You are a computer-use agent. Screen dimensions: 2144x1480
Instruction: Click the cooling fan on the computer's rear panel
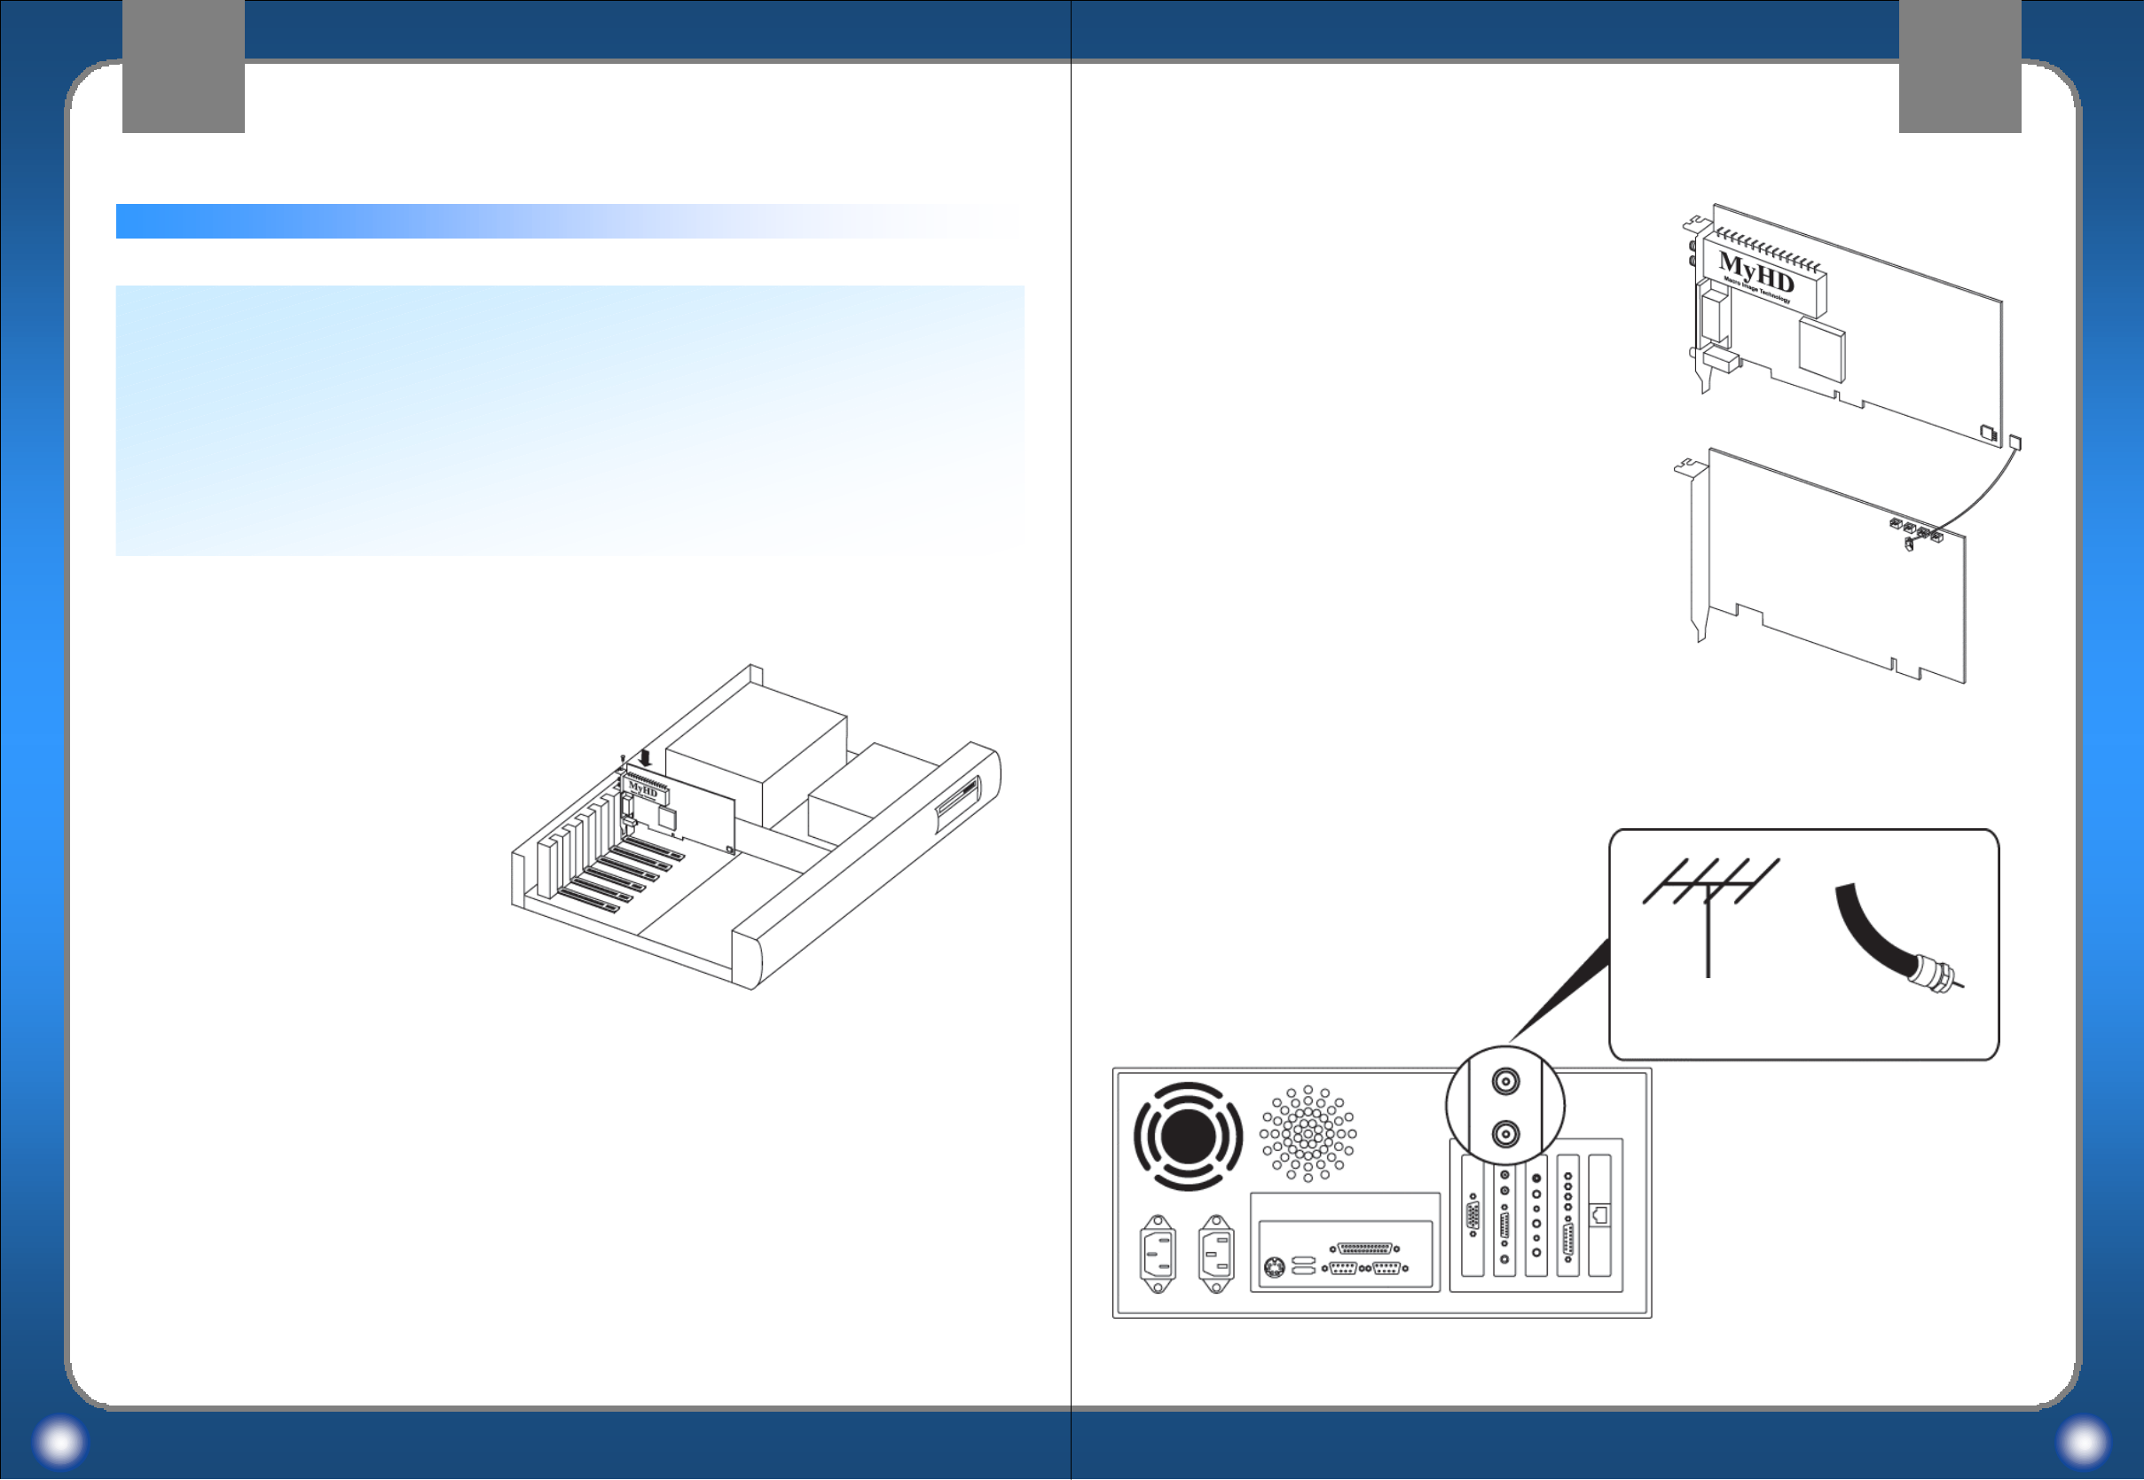1187,1136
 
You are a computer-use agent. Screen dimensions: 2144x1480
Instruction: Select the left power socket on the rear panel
1158,1254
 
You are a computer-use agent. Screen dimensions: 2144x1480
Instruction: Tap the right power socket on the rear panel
1216,1254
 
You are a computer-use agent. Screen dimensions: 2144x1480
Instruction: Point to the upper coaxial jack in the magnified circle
1504,1081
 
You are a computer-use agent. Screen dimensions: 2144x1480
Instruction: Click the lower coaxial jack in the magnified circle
1504,1134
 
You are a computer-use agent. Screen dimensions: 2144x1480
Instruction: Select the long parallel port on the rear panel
1364,1249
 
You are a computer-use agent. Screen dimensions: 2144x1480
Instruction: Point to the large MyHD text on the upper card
1755,271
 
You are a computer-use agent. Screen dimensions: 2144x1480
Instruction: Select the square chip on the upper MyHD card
1821,348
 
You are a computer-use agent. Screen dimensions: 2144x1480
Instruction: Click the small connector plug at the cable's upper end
2014,442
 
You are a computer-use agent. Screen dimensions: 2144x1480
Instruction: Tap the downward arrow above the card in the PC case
646,757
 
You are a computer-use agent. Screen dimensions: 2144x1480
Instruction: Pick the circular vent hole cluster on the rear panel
1308,1133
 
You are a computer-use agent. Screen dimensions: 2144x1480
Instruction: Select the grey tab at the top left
183,65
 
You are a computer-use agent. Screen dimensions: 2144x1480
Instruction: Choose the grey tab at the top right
1959,65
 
